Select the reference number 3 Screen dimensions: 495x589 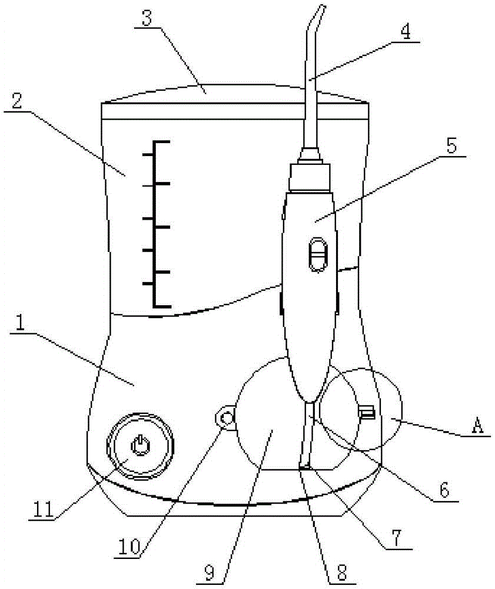pyautogui.click(x=147, y=18)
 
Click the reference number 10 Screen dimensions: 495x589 pyautogui.click(x=129, y=547)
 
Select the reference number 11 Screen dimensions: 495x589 pyautogui.click(x=44, y=509)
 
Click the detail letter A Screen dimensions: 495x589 pyautogui.click(x=477, y=426)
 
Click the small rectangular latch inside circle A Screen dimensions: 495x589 pyautogui.click(x=367, y=412)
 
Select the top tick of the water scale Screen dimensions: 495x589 pyautogui.click(x=161, y=141)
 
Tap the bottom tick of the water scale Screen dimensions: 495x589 pyautogui.click(x=162, y=306)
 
